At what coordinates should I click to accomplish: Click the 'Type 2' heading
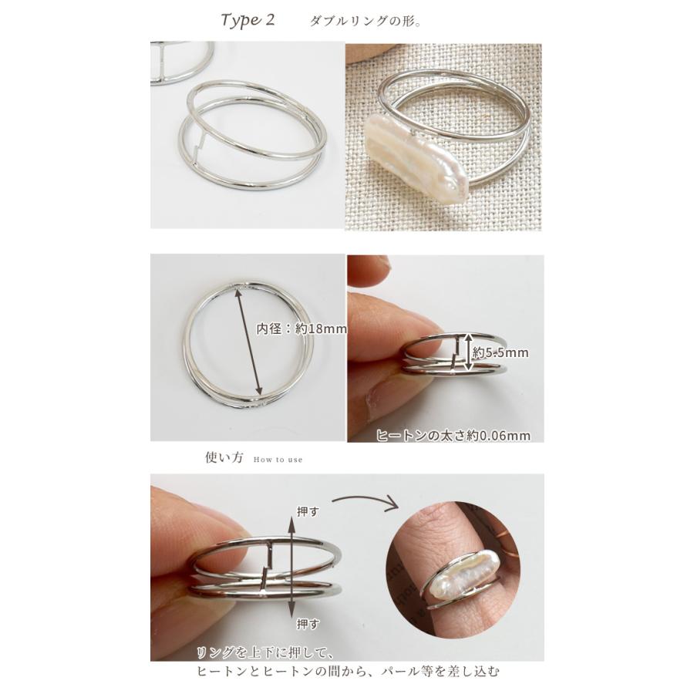coord(248,20)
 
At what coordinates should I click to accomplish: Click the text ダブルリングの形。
coord(366,22)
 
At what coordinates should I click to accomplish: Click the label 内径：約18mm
coord(302,328)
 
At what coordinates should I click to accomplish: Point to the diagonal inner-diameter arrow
coord(248,340)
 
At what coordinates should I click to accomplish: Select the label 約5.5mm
coord(500,352)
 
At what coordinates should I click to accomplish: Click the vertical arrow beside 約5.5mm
coord(467,352)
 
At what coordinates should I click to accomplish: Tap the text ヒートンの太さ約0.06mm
coord(453,436)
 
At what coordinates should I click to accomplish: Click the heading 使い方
coord(224,457)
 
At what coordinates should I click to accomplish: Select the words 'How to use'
coord(278,460)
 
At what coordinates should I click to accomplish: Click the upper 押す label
coord(308,512)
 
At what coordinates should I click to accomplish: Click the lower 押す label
coord(308,624)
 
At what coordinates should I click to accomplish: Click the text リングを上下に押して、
coord(264,653)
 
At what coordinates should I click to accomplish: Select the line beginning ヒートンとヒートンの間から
coord(348,672)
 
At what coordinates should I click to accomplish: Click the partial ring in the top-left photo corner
coord(182,62)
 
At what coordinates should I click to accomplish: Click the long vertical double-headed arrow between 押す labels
coord(291,568)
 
